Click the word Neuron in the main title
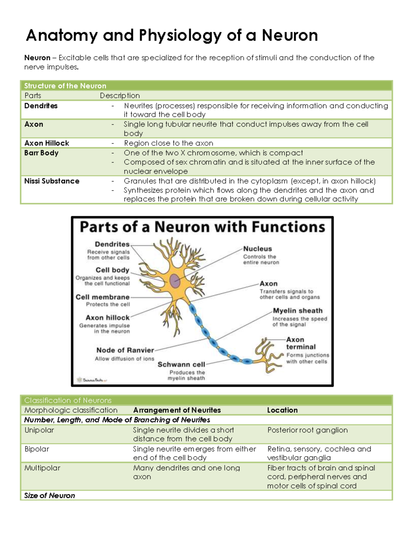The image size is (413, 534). [x=289, y=35]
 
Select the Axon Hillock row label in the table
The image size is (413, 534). [x=46, y=143]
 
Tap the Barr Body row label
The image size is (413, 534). [x=41, y=153]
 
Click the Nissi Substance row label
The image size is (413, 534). [x=52, y=181]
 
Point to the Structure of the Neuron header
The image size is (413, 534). [x=65, y=86]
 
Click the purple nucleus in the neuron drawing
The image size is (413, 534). [x=175, y=281]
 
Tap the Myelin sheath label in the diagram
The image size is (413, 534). [x=298, y=310]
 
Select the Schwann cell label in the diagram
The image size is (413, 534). [x=181, y=364]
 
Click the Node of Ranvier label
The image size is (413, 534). [x=125, y=350]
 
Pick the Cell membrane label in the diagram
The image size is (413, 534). [x=103, y=297]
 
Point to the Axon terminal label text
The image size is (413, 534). [x=300, y=343]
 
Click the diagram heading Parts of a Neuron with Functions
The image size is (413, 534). [x=202, y=227]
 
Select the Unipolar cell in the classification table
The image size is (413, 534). [x=39, y=430]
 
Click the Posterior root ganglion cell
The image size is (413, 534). [x=307, y=430]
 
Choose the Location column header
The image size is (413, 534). [x=282, y=410]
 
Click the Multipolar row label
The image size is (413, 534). [x=42, y=468]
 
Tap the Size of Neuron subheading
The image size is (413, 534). [x=50, y=495]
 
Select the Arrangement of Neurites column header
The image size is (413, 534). [x=177, y=410]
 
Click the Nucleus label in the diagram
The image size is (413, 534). [x=257, y=249]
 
